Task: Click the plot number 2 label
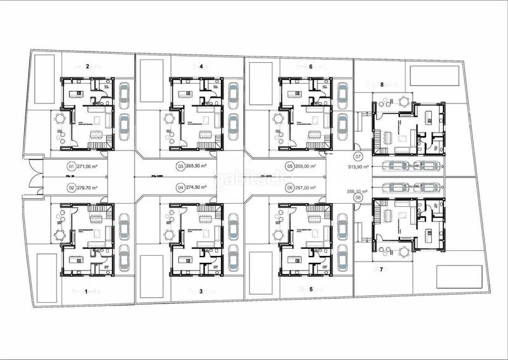pyautogui.click(x=87, y=66)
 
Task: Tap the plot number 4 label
pyautogui.click(x=201, y=66)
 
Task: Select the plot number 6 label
pyautogui.click(x=311, y=66)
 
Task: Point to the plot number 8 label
pyautogui.click(x=382, y=84)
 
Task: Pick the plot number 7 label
pyautogui.click(x=381, y=270)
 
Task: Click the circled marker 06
pyautogui.click(x=290, y=187)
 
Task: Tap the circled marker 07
pyautogui.click(x=358, y=156)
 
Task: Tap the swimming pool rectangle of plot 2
pyautogui.click(x=43, y=79)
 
